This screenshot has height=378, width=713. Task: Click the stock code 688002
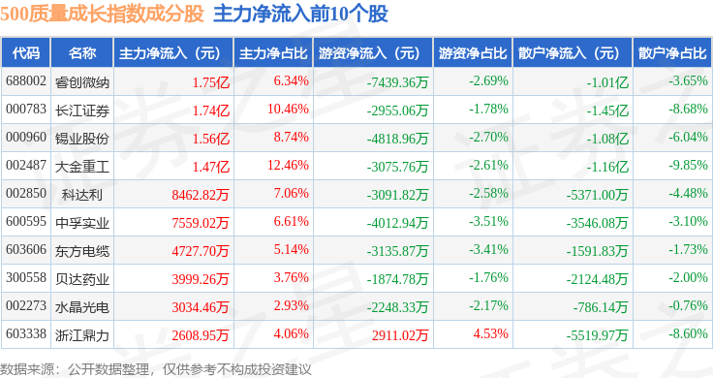[26, 81]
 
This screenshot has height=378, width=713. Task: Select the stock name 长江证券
[82, 110]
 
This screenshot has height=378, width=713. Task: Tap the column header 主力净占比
[273, 53]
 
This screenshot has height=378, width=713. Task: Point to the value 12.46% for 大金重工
[288, 165]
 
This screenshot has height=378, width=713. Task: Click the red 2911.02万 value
[400, 335]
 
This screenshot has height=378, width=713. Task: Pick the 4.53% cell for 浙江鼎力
[490, 333]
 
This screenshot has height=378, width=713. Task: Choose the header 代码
[26, 53]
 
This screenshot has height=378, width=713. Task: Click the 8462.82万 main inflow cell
[201, 195]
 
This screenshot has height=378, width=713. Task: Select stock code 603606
[26, 250]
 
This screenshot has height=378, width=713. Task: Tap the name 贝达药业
[82, 279]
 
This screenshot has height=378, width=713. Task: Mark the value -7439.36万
[398, 82]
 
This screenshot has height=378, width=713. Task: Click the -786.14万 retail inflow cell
[601, 307]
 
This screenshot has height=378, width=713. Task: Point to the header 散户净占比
[672, 53]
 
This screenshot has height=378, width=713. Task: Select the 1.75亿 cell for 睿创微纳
[211, 82]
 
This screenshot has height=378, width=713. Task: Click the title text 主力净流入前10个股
[300, 14]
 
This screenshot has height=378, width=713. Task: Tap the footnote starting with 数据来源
[156, 369]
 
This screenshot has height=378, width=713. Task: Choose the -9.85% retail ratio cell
[688, 165]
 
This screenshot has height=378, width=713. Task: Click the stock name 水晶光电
[82, 307]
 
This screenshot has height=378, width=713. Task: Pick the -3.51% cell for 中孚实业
[489, 222]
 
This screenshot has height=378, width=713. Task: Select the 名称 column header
[82, 53]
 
